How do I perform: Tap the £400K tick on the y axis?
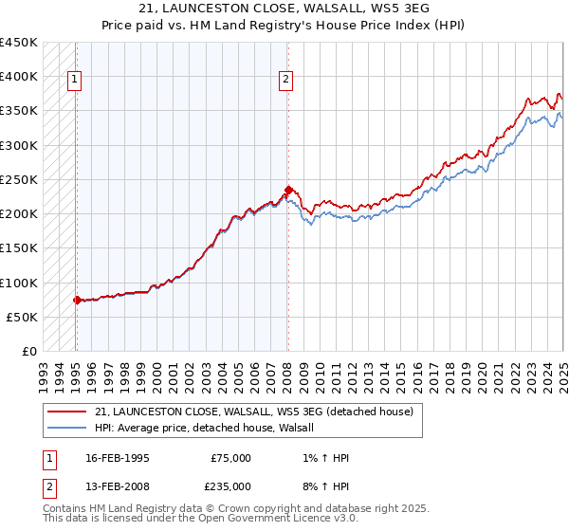coord(20,77)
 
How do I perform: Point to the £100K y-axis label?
coord(20,283)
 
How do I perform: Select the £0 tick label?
coord(29,352)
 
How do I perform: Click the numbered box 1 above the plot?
coord(75,81)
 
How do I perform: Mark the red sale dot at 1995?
coord(77,300)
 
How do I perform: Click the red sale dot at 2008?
coord(287,190)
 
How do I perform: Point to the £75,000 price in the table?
coord(231,458)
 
